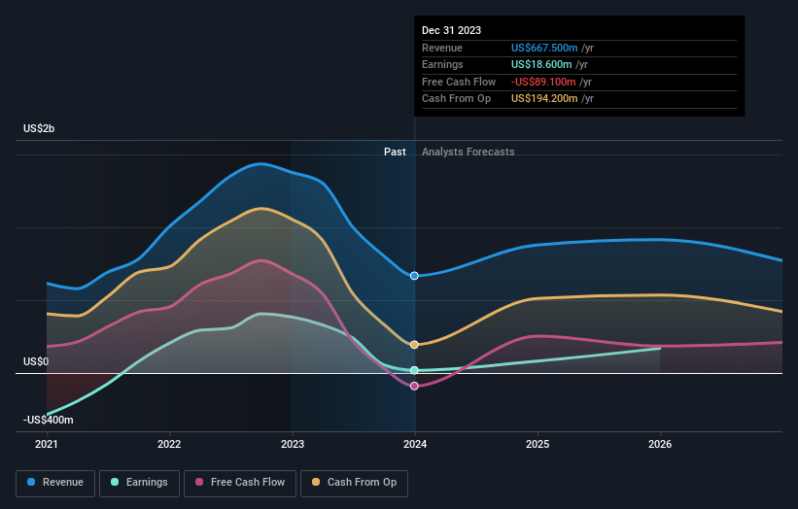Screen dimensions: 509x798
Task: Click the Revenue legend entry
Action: [55, 482]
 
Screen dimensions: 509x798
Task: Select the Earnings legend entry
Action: [139, 482]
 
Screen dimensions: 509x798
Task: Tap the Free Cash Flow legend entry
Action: [240, 482]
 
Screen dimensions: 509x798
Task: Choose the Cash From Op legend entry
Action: [354, 482]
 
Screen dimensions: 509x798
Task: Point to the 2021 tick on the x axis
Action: [47, 445]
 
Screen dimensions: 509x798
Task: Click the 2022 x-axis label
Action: [169, 445]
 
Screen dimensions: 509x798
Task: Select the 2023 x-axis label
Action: [292, 445]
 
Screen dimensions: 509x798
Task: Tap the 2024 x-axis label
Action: [415, 445]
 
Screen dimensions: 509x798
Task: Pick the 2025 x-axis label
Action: [538, 445]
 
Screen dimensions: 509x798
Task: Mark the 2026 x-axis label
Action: [660, 445]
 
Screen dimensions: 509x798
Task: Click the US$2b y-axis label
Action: [40, 128]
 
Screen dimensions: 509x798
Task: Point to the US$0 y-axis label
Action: [36, 361]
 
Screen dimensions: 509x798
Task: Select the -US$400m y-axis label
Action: [49, 420]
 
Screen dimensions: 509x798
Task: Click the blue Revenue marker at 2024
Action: [415, 276]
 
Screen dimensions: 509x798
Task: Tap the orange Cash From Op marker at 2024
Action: [415, 345]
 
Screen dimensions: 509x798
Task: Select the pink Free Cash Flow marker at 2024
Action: [415, 386]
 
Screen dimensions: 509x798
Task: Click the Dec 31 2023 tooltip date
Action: [451, 31]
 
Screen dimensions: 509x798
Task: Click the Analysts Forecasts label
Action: [468, 152]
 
